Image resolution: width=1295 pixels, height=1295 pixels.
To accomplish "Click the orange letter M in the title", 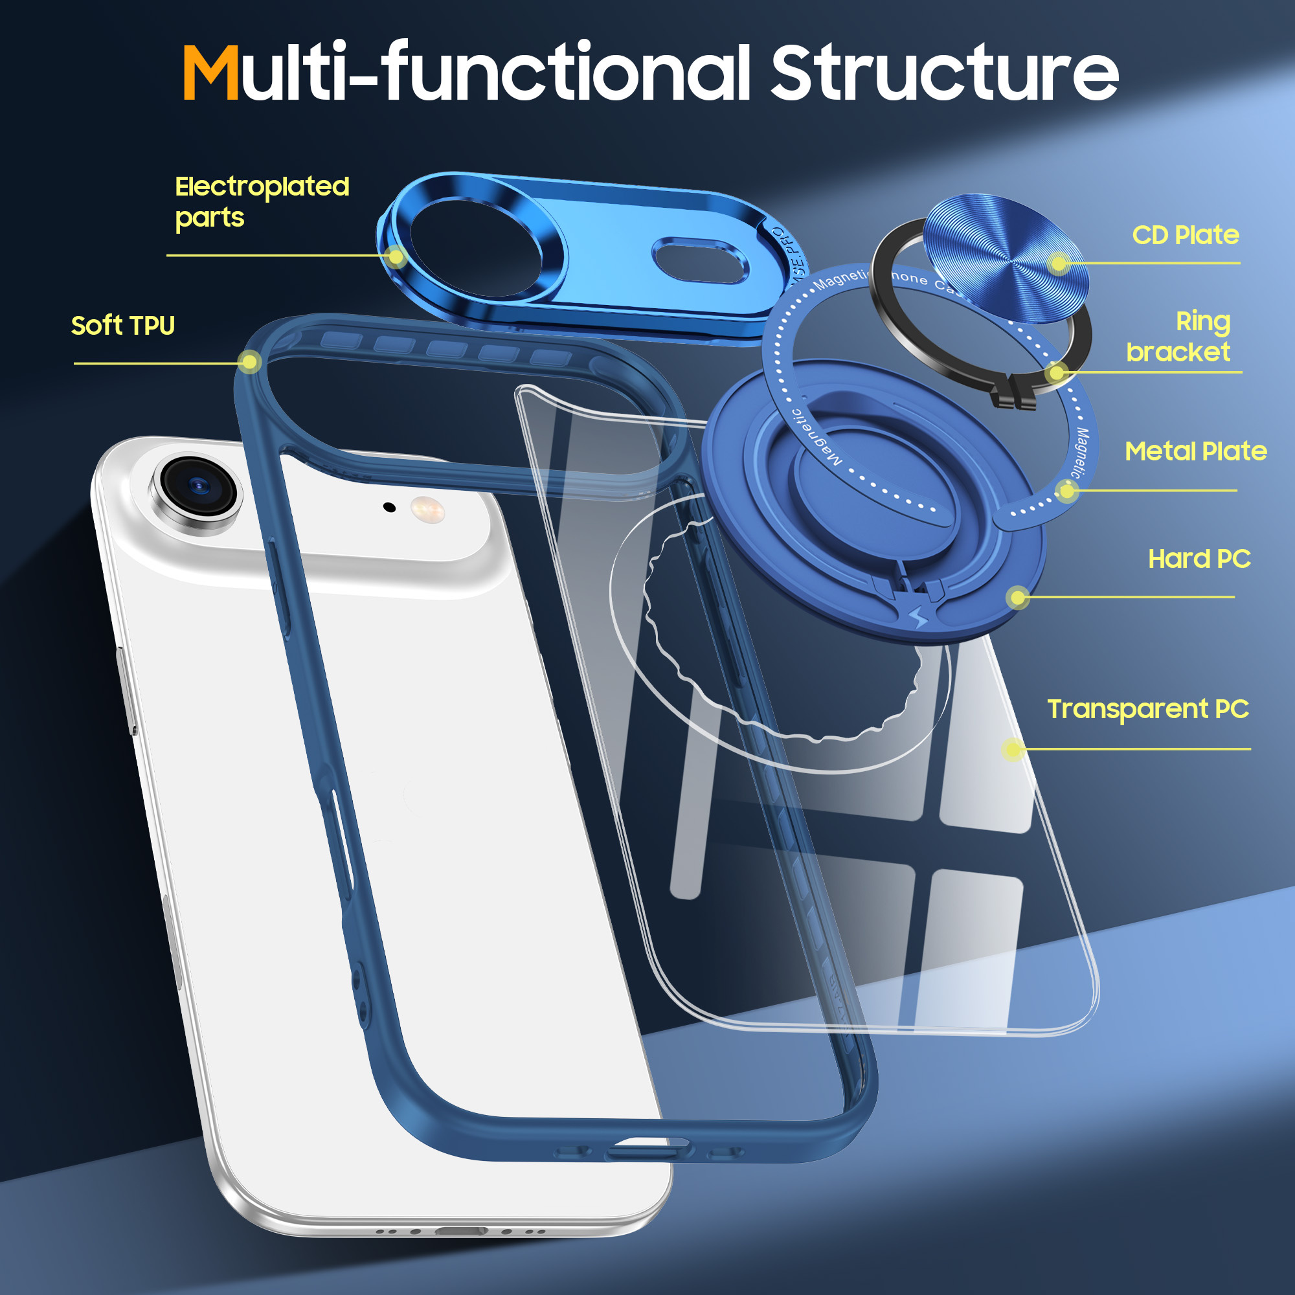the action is (x=210, y=74).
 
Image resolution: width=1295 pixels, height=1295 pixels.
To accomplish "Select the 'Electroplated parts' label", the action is (x=262, y=201).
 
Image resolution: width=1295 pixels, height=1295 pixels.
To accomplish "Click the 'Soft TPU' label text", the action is (x=122, y=326).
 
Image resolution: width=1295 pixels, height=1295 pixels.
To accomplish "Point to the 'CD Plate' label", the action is (x=1185, y=235).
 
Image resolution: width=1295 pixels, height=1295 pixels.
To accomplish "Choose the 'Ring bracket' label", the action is (x=1179, y=337).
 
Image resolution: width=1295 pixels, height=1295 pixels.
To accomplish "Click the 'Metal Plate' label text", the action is (x=1195, y=451).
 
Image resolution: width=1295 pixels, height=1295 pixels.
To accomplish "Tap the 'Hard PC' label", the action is (x=1199, y=558).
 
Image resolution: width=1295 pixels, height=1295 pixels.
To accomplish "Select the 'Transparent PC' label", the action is (x=1147, y=708).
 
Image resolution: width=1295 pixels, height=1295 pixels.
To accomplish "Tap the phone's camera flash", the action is (x=427, y=510).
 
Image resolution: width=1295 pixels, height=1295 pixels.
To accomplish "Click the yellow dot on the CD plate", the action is (x=1059, y=264).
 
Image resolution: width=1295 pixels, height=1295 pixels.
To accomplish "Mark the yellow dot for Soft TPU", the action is (x=249, y=363).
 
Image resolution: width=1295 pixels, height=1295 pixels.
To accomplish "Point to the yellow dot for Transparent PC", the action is (x=1013, y=749).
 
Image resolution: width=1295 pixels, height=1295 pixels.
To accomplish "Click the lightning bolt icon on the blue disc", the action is (x=919, y=616).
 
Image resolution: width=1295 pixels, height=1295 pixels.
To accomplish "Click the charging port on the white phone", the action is (x=461, y=1232).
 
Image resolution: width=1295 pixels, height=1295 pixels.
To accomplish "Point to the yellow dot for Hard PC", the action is (x=1018, y=596).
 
